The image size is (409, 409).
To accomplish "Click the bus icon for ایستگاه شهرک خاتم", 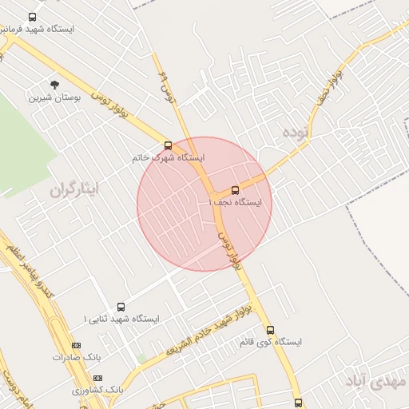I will (168, 145).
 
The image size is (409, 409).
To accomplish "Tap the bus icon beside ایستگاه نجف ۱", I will (235, 190).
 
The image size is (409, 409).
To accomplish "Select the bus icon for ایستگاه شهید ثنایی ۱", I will (121, 307).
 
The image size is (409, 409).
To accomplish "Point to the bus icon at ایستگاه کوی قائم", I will (270, 329).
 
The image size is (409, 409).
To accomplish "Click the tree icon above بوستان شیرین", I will (54, 85).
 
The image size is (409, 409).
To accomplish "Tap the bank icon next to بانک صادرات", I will (76, 345).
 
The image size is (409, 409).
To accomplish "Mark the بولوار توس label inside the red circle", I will (228, 251).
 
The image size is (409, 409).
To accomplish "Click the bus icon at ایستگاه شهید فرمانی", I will (32, 17).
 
